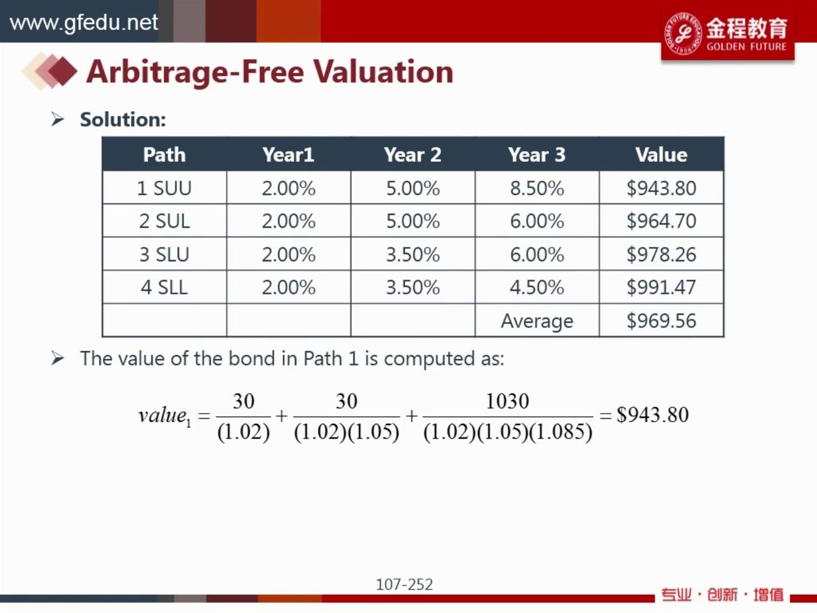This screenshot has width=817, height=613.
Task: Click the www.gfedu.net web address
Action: [x=84, y=23]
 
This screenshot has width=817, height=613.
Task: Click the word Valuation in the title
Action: [x=383, y=72]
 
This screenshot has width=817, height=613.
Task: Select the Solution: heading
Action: [x=123, y=120]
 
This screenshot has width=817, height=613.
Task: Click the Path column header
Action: [x=164, y=155]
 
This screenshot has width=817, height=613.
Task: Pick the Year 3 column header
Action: [x=536, y=155]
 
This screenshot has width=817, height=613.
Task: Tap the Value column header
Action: [x=661, y=155]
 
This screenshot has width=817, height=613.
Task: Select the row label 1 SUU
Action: [x=164, y=188]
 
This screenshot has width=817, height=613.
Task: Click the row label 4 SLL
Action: [x=164, y=288]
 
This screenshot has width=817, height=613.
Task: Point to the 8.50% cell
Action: [x=537, y=188]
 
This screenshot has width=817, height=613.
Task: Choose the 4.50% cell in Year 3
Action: [x=537, y=288]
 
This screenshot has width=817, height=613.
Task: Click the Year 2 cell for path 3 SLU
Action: [x=412, y=255]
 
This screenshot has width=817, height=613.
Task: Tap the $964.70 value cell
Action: [x=661, y=221]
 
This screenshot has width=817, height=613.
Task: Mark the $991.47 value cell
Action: [x=661, y=288]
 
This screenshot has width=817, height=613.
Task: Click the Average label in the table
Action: [x=537, y=321]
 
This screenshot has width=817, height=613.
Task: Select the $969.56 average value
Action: [x=661, y=321]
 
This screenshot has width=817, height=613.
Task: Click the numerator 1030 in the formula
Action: [x=507, y=402]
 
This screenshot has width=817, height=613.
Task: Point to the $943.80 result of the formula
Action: [x=652, y=415]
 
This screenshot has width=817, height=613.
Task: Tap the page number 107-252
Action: [x=404, y=584]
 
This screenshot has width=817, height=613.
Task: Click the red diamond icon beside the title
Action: [x=61, y=72]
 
